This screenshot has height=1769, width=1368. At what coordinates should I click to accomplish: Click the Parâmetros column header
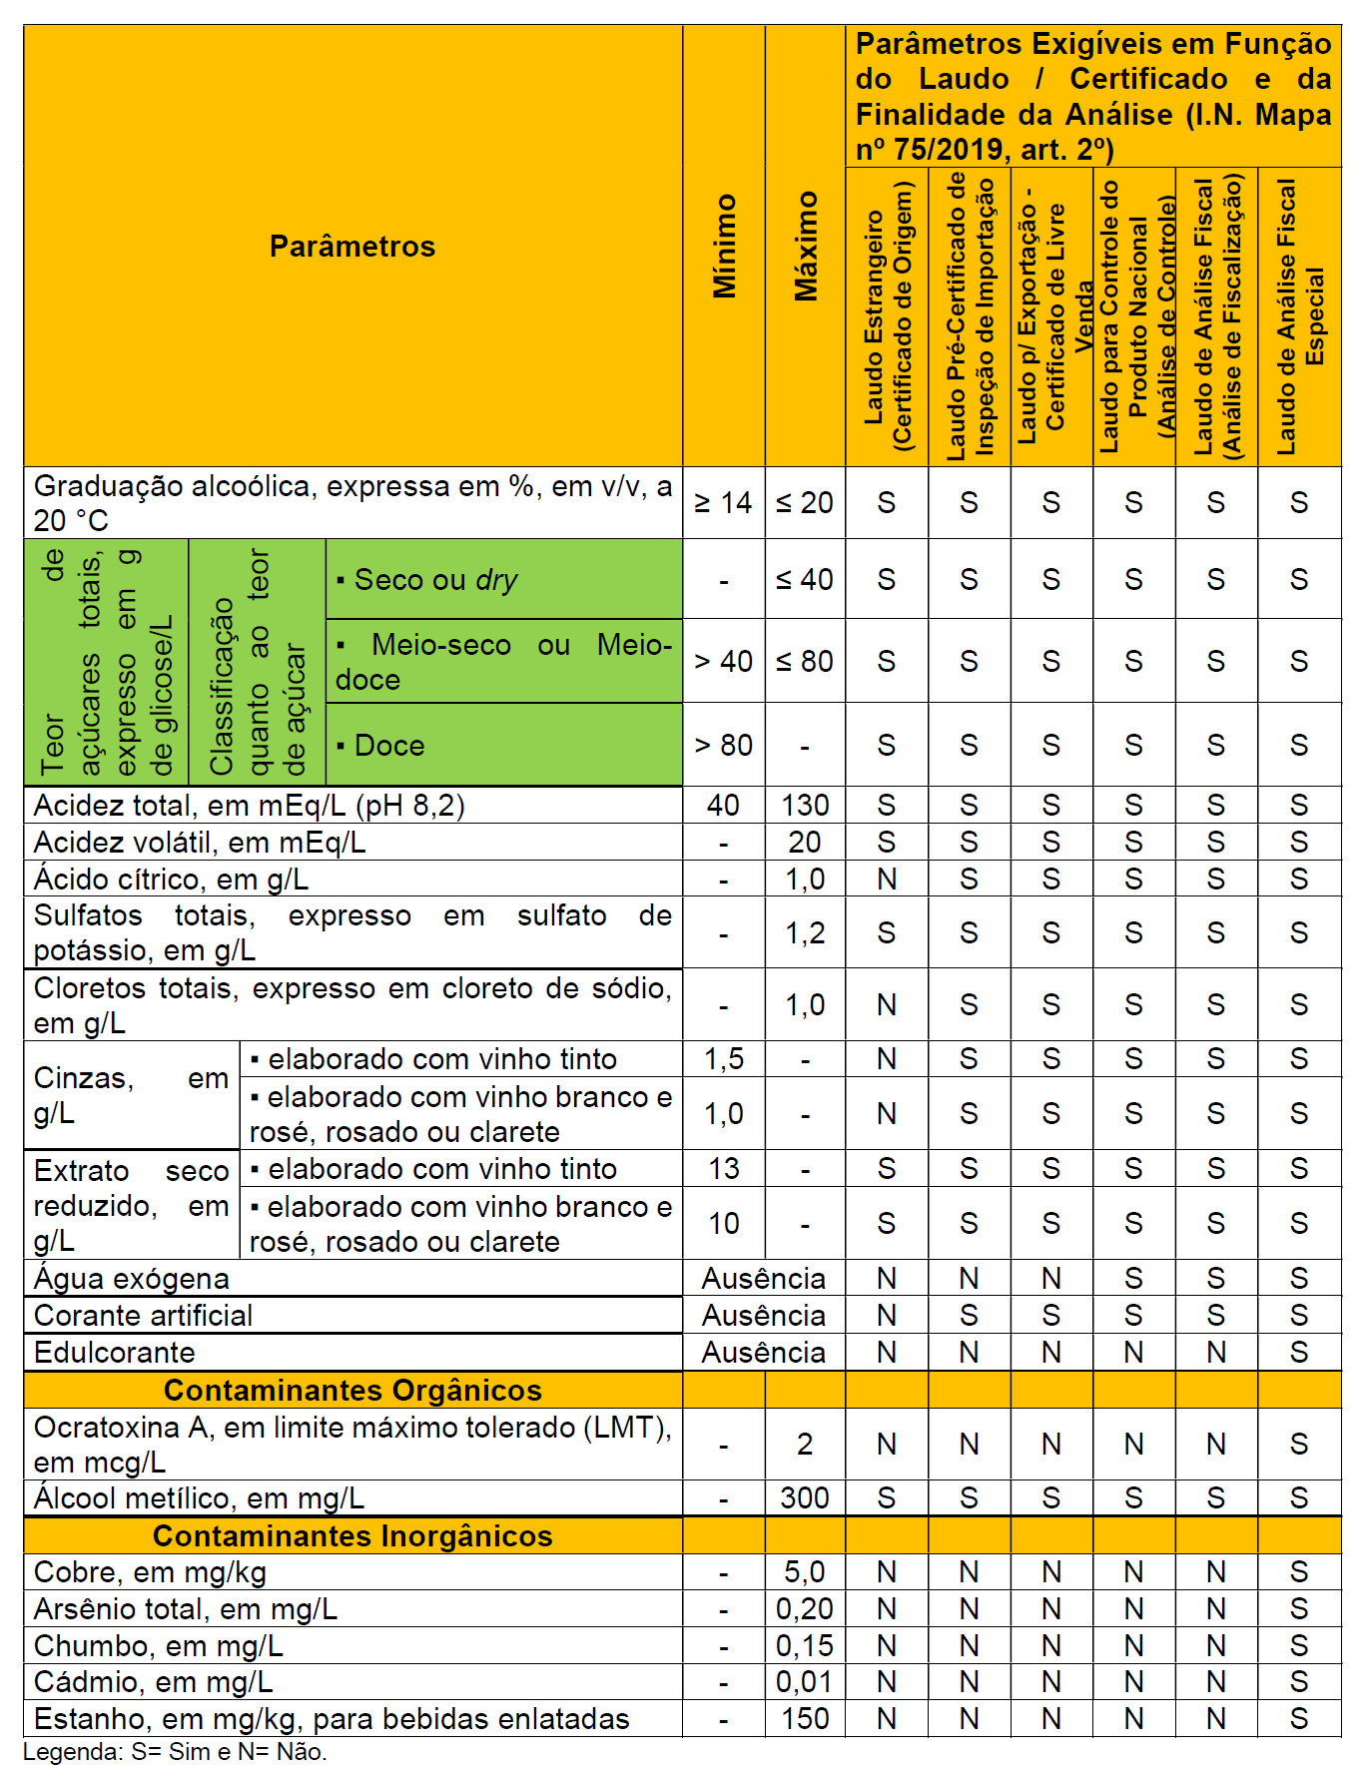tap(352, 247)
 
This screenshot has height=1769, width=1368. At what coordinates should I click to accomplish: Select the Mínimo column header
tap(725, 246)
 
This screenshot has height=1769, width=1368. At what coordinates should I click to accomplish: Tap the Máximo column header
tap(806, 246)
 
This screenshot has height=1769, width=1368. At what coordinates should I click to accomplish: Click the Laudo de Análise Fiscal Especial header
tap(1299, 316)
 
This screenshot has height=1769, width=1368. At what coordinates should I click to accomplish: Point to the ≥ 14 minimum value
tap(724, 503)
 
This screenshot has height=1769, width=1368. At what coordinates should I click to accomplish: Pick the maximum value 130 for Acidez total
tap(805, 806)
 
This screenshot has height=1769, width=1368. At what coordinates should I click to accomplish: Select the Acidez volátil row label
tap(200, 843)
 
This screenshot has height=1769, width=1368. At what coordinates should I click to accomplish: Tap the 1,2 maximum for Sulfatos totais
tap(805, 933)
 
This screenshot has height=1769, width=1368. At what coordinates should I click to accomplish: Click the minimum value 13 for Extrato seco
tap(724, 1168)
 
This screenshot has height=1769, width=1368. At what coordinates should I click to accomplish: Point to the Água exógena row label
tap(132, 1279)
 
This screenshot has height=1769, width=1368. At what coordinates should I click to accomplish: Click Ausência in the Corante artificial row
tap(764, 1316)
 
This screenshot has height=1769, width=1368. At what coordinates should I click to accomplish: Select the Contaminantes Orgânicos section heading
tap(352, 1391)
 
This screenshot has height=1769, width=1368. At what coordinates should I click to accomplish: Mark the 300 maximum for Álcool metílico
tap(805, 1498)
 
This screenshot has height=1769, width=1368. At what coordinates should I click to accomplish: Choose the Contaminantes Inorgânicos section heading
tap(352, 1536)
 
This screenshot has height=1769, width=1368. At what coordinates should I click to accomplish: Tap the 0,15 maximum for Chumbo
tap(805, 1646)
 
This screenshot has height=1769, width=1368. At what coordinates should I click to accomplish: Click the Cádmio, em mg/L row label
tap(154, 1683)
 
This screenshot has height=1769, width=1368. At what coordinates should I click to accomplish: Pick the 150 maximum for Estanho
tap(805, 1719)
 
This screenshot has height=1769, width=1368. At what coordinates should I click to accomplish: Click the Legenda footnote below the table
tap(175, 1752)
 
